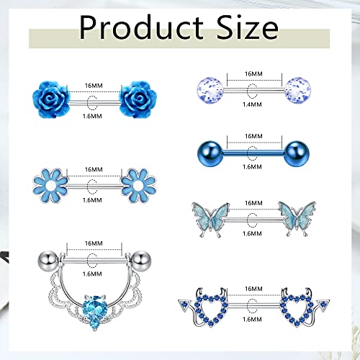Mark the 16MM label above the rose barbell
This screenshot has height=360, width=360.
[x=93, y=84]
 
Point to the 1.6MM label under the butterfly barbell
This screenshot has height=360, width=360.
[x=253, y=233]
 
